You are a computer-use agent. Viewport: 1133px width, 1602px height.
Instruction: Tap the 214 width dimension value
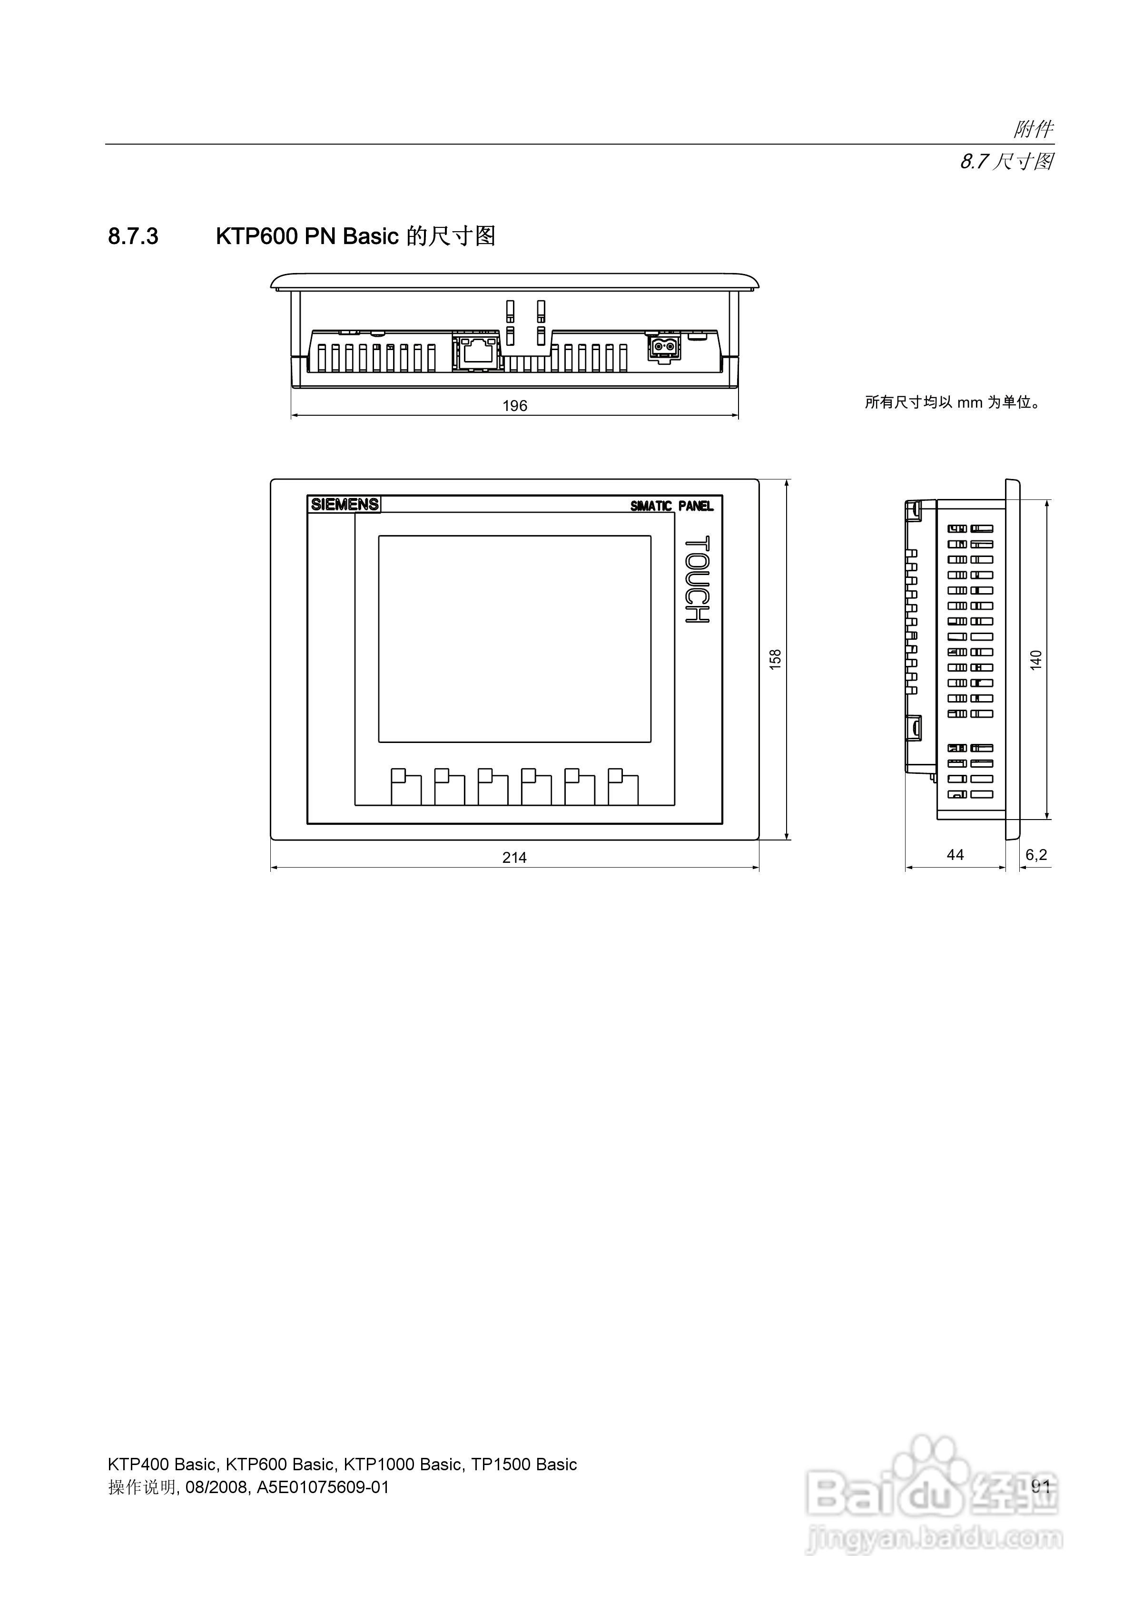[x=514, y=858]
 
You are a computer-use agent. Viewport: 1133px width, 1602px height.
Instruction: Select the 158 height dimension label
[x=775, y=659]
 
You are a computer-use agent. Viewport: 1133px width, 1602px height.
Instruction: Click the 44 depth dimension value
[x=955, y=855]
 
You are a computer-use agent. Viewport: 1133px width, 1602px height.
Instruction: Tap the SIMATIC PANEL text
[x=671, y=506]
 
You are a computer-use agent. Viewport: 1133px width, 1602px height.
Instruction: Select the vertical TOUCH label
[x=697, y=579]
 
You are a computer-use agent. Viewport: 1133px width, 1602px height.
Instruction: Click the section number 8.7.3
[x=133, y=236]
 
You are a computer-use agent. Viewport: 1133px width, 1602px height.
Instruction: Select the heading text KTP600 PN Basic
[x=307, y=236]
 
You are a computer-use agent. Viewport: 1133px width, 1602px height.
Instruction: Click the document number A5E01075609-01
[x=323, y=1487]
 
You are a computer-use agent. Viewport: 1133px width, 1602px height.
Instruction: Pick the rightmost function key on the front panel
[x=623, y=787]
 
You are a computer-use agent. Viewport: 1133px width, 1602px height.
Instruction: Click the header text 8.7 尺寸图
[x=1006, y=162]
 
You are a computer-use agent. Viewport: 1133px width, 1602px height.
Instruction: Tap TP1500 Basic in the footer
[x=523, y=1465]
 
